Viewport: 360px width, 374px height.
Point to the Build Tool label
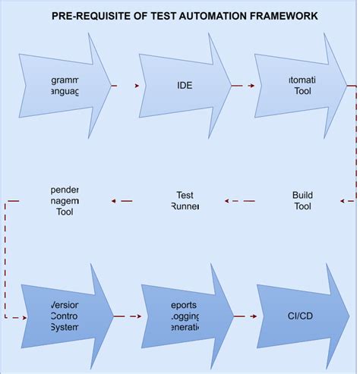pyautogui.click(x=302, y=200)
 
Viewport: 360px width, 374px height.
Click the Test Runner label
pyautogui.click(x=185, y=200)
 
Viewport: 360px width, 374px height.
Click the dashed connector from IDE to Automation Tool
pyautogui.click(x=242, y=86)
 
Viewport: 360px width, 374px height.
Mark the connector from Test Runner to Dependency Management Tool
pyautogui.click(x=123, y=201)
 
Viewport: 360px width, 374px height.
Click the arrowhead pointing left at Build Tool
pyautogui.click(x=343, y=201)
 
